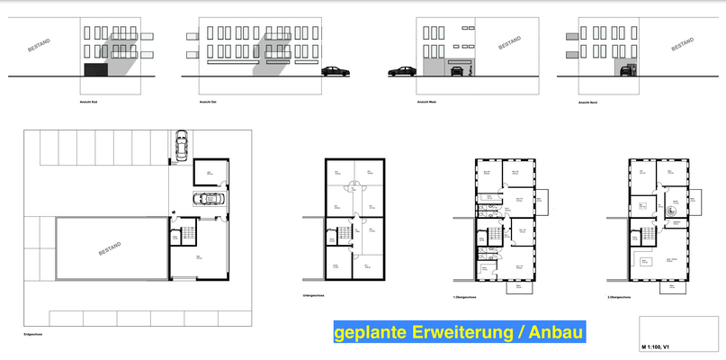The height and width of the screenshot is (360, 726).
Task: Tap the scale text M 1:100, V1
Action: [662, 346]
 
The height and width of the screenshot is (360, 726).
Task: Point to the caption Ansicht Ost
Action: [207, 103]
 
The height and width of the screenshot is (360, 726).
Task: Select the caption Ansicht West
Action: [426, 103]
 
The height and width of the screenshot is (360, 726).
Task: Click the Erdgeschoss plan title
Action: [34, 334]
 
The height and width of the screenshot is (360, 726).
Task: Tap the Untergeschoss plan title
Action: [316, 296]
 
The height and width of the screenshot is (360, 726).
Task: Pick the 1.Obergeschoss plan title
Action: [465, 296]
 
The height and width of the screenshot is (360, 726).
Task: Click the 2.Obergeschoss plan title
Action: [619, 296]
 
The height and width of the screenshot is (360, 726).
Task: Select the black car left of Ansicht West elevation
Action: [399, 71]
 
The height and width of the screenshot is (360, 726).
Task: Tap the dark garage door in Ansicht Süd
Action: [94, 69]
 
